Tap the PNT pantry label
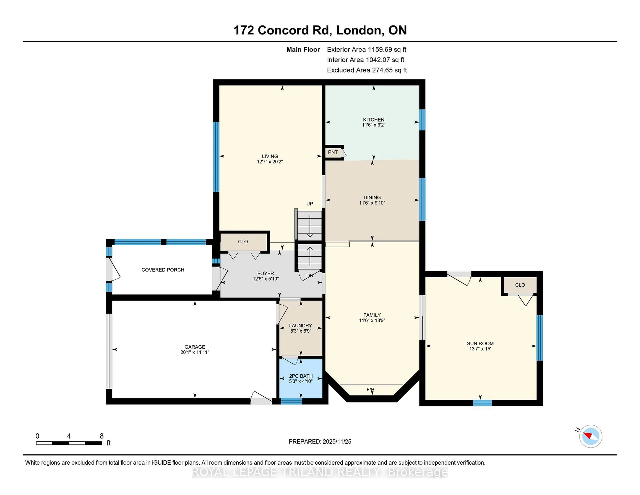point(333,152)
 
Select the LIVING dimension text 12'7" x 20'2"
point(270,162)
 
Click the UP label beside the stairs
point(309,203)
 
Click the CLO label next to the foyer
point(243,242)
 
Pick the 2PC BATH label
point(301,376)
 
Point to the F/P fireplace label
point(370,389)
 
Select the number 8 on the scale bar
point(102,436)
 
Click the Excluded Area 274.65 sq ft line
point(367,70)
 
